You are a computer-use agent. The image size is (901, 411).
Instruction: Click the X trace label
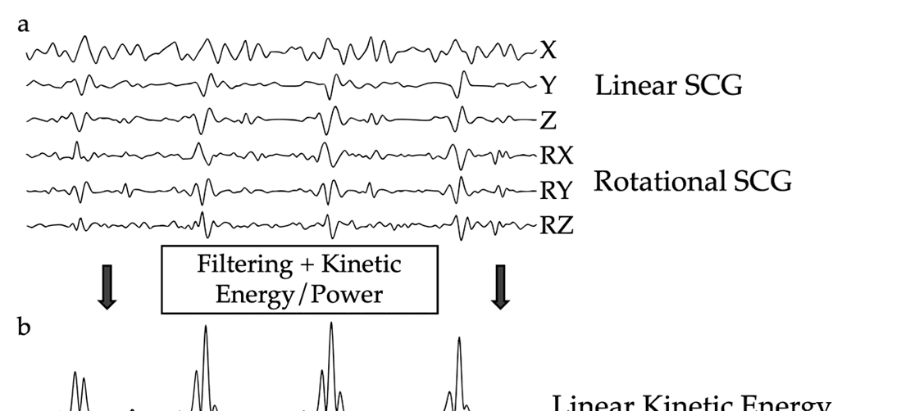tap(548, 51)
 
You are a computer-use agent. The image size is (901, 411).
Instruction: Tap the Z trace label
tap(548, 121)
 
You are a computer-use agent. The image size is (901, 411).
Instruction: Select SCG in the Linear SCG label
tap(712, 85)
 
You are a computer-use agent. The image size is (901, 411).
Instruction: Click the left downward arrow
tap(107, 287)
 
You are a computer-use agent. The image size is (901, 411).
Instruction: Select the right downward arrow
tap(500, 287)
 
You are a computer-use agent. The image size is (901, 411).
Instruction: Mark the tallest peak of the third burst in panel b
tap(330, 324)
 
